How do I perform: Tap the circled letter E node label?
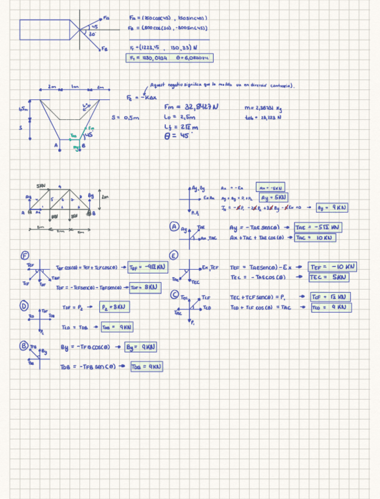point(174,255)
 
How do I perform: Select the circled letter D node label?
point(24,306)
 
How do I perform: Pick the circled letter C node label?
point(175,294)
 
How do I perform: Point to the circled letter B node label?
point(25,346)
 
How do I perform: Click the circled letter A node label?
point(174,226)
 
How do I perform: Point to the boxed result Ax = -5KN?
point(271,188)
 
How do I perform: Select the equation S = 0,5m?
point(125,117)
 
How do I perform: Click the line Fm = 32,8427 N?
point(192,107)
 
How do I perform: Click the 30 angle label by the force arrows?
point(92,35)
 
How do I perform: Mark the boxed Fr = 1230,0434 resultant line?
point(169,58)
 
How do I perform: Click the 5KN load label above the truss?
point(41,186)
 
